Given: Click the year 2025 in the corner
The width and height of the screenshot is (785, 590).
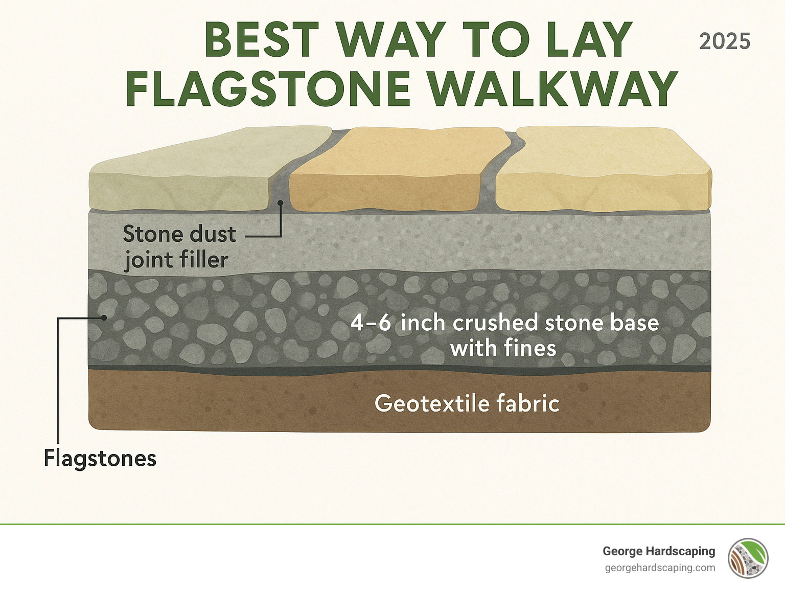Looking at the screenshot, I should tap(724, 41).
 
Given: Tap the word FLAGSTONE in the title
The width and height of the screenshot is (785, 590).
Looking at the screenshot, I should tap(268, 89).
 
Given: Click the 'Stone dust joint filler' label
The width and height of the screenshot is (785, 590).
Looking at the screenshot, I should tap(179, 247).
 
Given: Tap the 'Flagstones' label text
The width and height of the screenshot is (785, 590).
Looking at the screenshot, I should tap(100, 458).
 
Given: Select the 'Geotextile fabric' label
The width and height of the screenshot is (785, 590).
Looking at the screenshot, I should tap(467, 403).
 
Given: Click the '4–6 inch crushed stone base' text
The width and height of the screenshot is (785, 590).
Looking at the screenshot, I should tap(504, 323).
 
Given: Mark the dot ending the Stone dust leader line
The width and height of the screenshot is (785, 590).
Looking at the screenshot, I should tap(280, 203).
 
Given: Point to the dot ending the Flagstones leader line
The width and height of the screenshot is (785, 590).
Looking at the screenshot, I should tap(104, 317).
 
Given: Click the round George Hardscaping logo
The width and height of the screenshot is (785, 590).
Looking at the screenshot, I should tap(748, 558).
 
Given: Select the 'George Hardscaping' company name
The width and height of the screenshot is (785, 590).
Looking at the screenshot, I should tap(658, 551).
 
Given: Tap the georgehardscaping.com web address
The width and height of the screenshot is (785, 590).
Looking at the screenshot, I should tap(660, 568).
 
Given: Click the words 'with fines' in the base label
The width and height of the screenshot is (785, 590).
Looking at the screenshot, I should tap(503, 348).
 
